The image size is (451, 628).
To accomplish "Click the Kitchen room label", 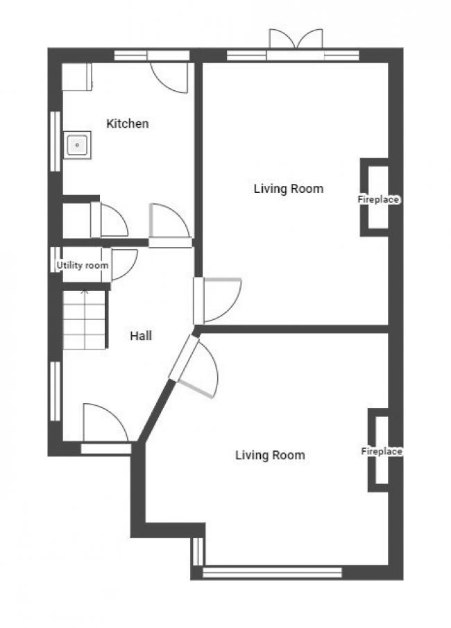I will pyautogui.click(x=127, y=124).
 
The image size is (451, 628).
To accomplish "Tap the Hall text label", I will pyautogui.click(x=141, y=336).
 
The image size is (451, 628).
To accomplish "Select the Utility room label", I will pyautogui.click(x=82, y=266).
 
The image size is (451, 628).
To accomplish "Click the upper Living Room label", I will pyautogui.click(x=288, y=188).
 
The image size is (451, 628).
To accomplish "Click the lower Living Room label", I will pyautogui.click(x=270, y=455).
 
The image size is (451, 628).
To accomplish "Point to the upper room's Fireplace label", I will pyautogui.click(x=378, y=200).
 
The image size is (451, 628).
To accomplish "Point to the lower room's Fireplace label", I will pyautogui.click(x=382, y=451).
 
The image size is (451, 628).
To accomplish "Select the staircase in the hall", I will pyautogui.click(x=84, y=320).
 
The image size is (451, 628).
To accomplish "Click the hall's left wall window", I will pyautogui.click(x=54, y=391).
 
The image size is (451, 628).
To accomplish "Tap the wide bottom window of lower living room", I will pyautogui.click(x=272, y=572).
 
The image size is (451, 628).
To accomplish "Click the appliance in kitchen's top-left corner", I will pyautogui.click(x=77, y=76).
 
